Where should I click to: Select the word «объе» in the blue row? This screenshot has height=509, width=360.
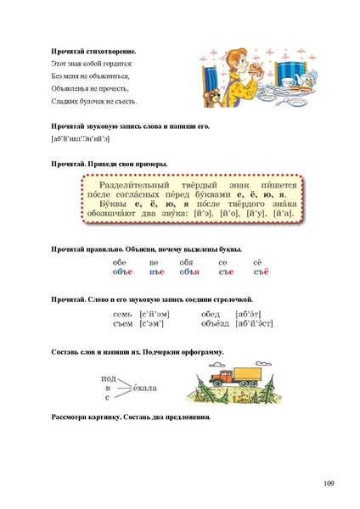pos(123,272)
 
